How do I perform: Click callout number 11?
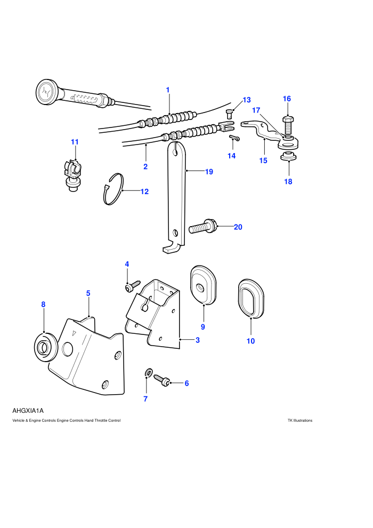(x=75, y=142)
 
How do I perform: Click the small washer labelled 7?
(x=148, y=372)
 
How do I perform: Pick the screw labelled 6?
(x=162, y=380)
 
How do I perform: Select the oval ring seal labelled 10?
(x=251, y=298)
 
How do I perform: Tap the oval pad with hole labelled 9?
(x=203, y=285)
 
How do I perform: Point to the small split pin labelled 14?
(x=234, y=138)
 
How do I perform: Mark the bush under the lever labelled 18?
(x=288, y=156)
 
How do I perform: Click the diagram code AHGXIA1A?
(x=28, y=411)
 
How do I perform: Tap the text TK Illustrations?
(x=300, y=420)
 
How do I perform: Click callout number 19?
(x=209, y=172)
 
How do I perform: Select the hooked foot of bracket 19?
(x=172, y=248)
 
